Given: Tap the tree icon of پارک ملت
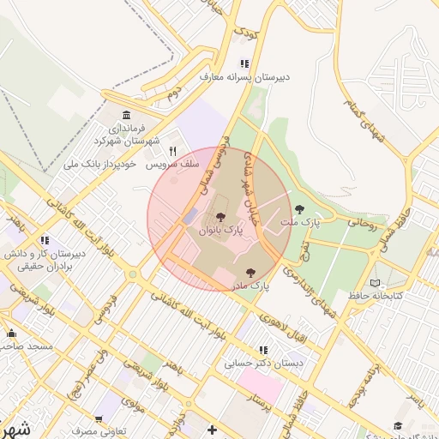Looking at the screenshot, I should click(x=299, y=208).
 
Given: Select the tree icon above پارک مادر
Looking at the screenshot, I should click(x=250, y=272).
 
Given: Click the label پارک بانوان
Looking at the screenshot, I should click(x=221, y=231).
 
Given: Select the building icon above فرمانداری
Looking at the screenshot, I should click(x=127, y=115).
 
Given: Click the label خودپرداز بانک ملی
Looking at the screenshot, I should click(x=107, y=164).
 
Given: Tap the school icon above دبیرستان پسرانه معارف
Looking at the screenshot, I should click(x=244, y=63).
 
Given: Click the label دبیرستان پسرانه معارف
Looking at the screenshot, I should click(x=245, y=76).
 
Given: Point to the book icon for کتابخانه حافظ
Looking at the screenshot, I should click(x=374, y=283).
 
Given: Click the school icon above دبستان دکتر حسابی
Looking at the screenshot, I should click(x=263, y=350).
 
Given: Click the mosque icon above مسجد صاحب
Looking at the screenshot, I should click(x=12, y=333).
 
